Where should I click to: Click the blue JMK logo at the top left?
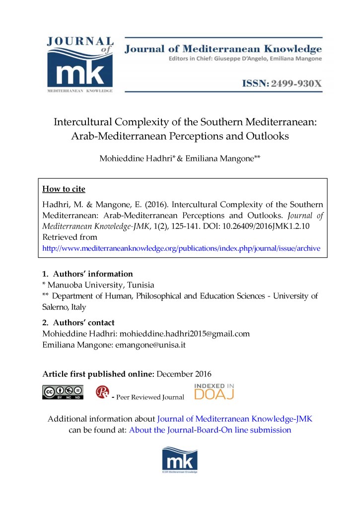click(80, 65)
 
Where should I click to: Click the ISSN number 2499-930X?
click(296, 83)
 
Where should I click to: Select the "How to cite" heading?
click(64, 189)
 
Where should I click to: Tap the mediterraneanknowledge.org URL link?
click(181, 248)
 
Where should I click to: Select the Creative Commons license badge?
click(63, 392)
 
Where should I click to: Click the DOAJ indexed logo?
click(214, 392)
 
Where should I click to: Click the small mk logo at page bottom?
click(180, 459)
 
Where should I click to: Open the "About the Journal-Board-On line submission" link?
click(210, 430)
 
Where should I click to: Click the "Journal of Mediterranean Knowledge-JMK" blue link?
click(234, 419)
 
